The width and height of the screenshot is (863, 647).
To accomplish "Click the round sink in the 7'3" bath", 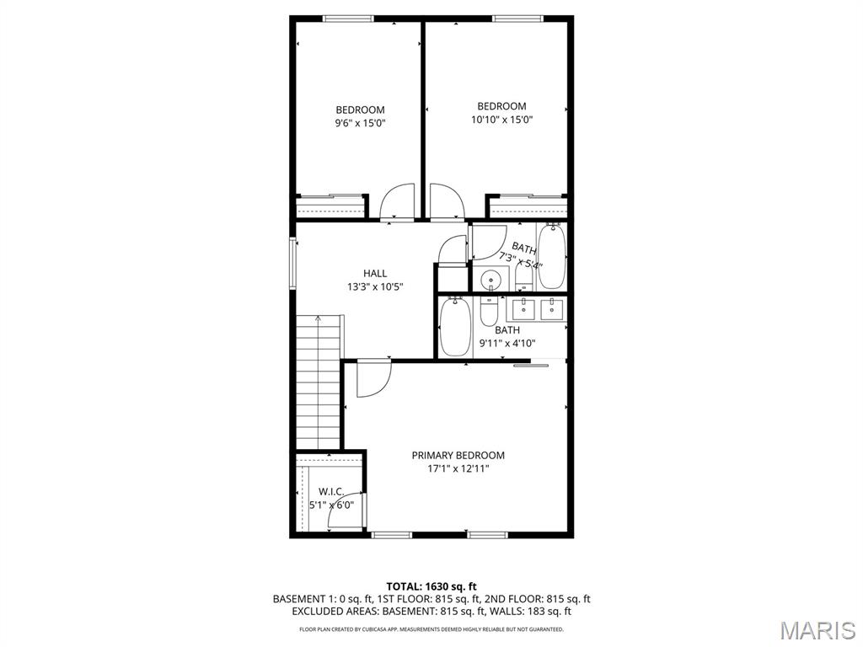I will coord(490,279).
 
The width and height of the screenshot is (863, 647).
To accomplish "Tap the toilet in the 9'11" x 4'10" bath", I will coord(489,313).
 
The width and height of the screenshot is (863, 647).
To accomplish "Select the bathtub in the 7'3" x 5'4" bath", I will coord(552,256).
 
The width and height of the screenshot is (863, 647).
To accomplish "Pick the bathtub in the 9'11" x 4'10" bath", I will coord(454,328).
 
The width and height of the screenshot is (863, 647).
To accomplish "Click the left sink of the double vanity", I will coord(524,307).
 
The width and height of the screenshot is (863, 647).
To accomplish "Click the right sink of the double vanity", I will coord(553,307).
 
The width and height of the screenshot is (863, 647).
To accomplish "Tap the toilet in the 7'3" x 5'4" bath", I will coord(524,275).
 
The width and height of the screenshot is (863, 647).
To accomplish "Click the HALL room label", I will coord(375,273).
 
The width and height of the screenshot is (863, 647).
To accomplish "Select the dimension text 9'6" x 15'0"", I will coord(360,123).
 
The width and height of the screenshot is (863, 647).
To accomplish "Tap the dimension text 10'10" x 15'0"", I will coord(501,120).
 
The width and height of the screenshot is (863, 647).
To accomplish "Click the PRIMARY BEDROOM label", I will coord(458,455).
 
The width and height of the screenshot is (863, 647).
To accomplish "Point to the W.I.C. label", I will coord(330,491).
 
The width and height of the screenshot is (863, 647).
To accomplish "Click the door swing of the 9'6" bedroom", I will coord(397,203).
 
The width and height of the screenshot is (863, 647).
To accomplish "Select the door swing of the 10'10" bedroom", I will coord(446,202).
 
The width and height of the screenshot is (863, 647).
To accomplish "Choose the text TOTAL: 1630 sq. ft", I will coord(431,586).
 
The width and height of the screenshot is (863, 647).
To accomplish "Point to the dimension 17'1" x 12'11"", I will coord(458,468).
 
